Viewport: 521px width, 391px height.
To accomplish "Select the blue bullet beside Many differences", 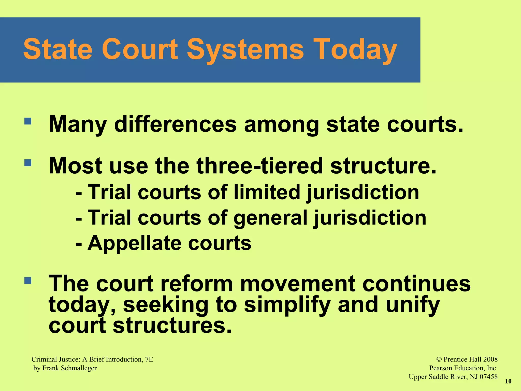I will (28, 121).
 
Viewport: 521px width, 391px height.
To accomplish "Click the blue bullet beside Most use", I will (28, 163).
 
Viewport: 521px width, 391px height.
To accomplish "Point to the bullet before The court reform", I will (28, 281).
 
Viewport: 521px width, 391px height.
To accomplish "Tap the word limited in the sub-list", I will (267, 192).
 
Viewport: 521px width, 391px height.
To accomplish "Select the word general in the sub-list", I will (270, 218).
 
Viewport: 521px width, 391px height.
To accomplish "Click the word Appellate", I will (134, 243).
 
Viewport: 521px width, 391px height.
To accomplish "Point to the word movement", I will (298, 284).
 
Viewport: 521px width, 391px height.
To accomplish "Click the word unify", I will (413, 305).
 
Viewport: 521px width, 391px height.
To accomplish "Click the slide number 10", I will (508, 381).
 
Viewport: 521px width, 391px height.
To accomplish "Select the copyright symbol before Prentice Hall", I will (439, 359).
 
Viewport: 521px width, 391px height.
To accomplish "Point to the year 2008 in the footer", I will (490, 359).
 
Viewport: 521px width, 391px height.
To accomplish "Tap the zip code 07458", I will (488, 377).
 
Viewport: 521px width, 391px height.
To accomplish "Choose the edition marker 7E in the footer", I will (149, 359).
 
